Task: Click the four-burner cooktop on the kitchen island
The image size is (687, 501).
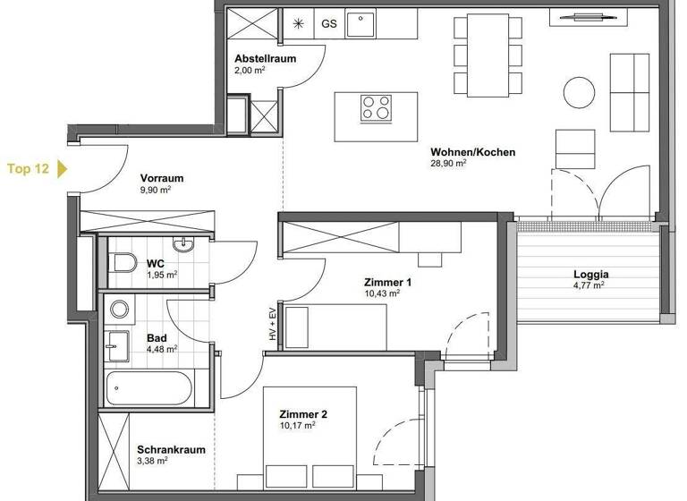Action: (x=377, y=108)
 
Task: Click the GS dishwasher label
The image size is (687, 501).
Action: (x=329, y=24)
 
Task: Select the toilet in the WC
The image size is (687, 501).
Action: (x=123, y=262)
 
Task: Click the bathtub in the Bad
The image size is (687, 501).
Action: (x=148, y=389)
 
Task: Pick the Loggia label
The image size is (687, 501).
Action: (x=591, y=275)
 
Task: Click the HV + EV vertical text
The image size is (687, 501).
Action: (x=269, y=324)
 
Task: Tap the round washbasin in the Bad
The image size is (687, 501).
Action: (x=119, y=310)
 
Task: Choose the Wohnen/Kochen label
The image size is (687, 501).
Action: (x=472, y=152)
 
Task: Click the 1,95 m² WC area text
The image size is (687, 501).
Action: (x=162, y=275)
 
